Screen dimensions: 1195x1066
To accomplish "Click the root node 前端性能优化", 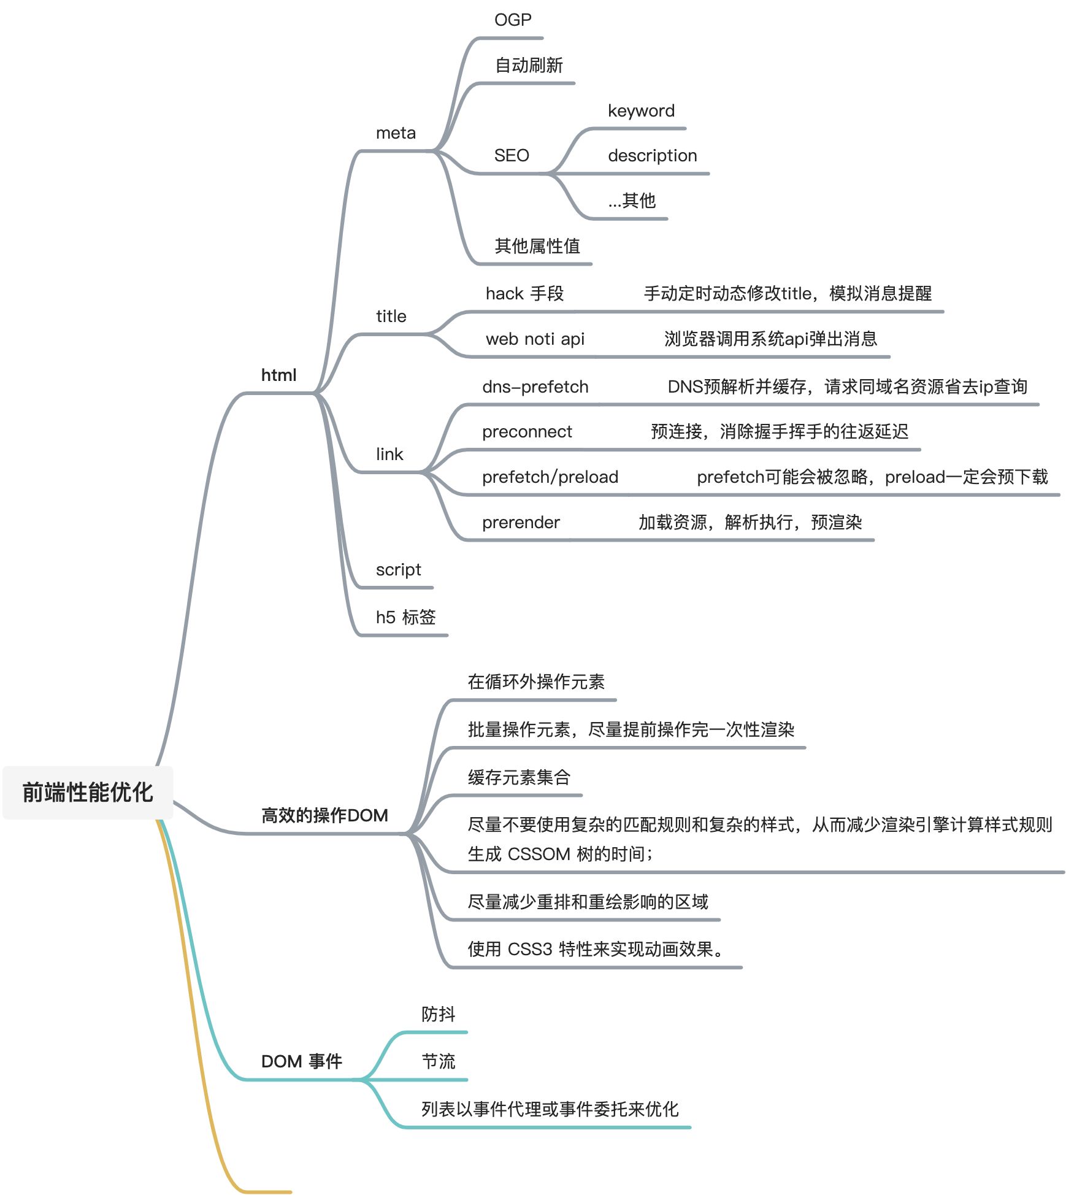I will click(88, 792).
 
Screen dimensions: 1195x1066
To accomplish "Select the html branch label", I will click(278, 375).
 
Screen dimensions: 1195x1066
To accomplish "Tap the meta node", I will click(396, 133).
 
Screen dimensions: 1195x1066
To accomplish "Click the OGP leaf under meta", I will click(513, 20).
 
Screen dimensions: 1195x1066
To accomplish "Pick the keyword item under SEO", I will click(641, 111).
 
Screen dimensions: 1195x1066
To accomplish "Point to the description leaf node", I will click(652, 156).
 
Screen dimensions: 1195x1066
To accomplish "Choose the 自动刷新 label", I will click(529, 66).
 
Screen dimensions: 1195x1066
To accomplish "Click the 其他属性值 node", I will click(537, 246).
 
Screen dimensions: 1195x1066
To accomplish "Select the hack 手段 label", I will click(524, 294).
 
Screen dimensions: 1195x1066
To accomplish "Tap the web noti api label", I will click(535, 339).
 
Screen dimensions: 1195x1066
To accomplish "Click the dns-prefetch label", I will click(535, 387).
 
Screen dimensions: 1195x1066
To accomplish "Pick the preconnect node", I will click(527, 432).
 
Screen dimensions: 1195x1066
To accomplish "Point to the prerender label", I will click(521, 523).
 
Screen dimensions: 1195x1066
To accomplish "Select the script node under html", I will click(398, 570).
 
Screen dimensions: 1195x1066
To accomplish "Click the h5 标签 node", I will click(405, 617).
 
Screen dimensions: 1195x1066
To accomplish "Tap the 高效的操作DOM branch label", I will click(324, 815).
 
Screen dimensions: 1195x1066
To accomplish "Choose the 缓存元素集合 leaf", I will click(519, 777).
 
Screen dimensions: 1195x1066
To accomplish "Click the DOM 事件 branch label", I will click(301, 1061).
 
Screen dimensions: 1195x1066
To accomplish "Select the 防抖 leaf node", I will click(438, 1014).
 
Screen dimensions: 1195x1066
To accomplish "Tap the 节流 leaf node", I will click(438, 1061).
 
